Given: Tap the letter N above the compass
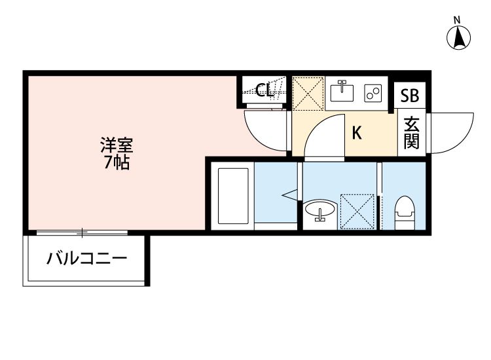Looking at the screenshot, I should pyautogui.click(x=459, y=19).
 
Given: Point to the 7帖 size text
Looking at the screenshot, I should pyautogui.click(x=115, y=162).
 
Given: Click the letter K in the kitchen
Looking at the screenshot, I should pyautogui.click(x=357, y=134).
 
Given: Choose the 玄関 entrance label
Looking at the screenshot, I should pyautogui.click(x=411, y=133).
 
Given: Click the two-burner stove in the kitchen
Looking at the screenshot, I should pyautogui.click(x=373, y=94).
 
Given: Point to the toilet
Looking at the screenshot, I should pyautogui.click(x=405, y=211).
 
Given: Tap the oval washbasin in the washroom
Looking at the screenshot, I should pyautogui.click(x=320, y=211).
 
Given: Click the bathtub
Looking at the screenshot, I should pyautogui.click(x=233, y=197).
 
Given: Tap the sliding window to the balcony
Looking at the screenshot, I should pyautogui.click(x=82, y=232).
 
